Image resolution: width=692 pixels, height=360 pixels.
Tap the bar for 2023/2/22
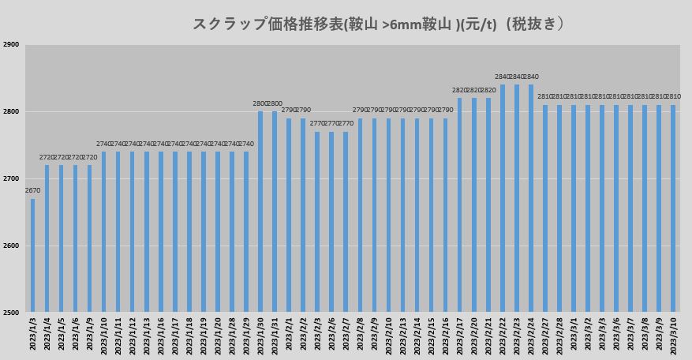point(503,198)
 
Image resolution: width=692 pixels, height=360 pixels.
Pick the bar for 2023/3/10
point(673,208)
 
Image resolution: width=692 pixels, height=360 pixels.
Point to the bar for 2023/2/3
point(317,222)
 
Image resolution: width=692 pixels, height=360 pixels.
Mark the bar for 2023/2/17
point(460,205)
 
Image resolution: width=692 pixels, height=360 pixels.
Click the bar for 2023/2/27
point(545,208)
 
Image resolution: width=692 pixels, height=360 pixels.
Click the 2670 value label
point(32,191)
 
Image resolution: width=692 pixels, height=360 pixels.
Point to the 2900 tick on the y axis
point(11,45)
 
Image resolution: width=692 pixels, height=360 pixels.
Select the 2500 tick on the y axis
point(11,313)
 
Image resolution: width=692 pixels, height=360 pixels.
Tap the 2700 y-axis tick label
point(11,179)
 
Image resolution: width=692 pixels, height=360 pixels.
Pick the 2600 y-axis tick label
point(11,246)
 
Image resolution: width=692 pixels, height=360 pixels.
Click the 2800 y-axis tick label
point(11,112)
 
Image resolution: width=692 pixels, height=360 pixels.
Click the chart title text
point(379,24)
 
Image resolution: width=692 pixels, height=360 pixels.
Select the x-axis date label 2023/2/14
point(417,336)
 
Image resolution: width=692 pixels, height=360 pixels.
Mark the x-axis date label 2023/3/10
point(673,336)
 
